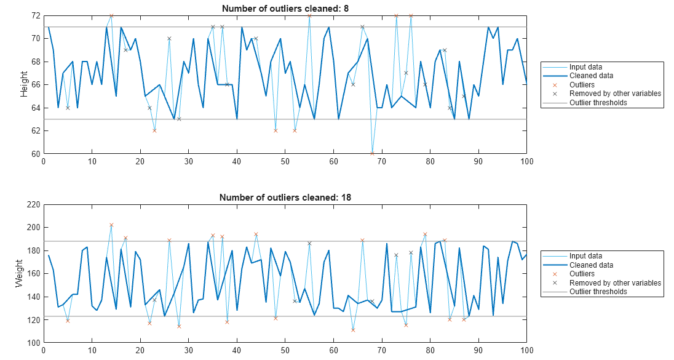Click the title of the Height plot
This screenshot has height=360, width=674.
coord(285,8)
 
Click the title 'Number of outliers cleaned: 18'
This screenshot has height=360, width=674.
coord(285,198)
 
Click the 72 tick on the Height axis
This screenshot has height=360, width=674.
coord(36,15)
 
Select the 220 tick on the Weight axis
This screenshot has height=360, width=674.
coord(33,204)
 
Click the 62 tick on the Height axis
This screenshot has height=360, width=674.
coord(36,130)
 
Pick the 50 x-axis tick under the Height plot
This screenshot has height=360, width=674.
coord(285,162)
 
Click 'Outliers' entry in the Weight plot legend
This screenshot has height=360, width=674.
coord(582,274)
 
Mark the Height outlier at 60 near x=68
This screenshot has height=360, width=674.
coord(372,153)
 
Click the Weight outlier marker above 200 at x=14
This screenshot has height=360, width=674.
coord(111,225)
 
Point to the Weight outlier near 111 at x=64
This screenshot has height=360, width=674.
coord(353,330)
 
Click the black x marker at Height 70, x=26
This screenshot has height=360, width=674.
coord(169,38)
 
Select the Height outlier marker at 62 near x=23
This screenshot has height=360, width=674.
coord(154,130)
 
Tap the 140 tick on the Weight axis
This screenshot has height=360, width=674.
coord(33,297)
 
